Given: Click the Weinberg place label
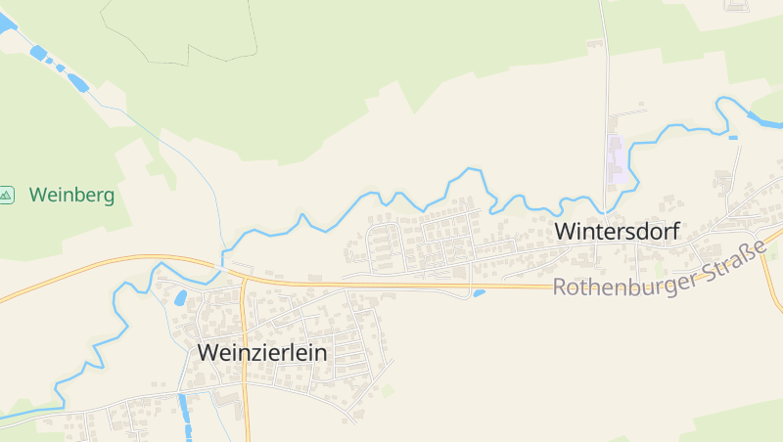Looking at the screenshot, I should [71, 195].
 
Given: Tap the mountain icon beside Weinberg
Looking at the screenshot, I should [7, 195].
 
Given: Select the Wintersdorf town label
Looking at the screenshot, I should [617, 232].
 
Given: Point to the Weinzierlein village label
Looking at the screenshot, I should [262, 352].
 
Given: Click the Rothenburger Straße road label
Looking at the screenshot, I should [660, 275].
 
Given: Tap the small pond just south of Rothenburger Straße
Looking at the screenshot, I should [479, 292].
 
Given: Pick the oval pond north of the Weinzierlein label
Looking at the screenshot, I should [181, 298].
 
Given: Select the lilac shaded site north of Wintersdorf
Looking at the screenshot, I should [617, 159].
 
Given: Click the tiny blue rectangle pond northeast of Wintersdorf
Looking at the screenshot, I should [733, 138].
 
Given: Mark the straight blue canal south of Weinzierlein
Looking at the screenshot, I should [184, 416].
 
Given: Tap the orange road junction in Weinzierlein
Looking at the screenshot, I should [245, 281].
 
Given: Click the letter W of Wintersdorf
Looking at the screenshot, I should [566, 232].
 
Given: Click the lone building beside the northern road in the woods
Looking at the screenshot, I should [595, 43].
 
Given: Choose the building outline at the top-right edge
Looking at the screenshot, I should [735, 5].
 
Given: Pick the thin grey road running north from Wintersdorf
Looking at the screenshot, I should [606, 98].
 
